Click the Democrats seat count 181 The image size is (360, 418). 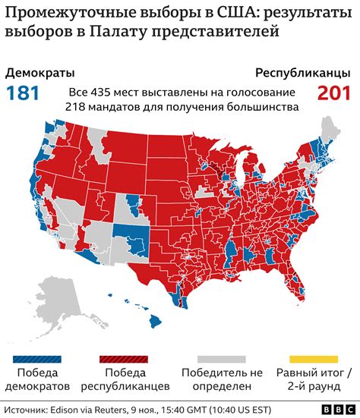(23, 93)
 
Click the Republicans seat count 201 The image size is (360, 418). (335, 93)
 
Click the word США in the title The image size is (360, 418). (223, 13)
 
